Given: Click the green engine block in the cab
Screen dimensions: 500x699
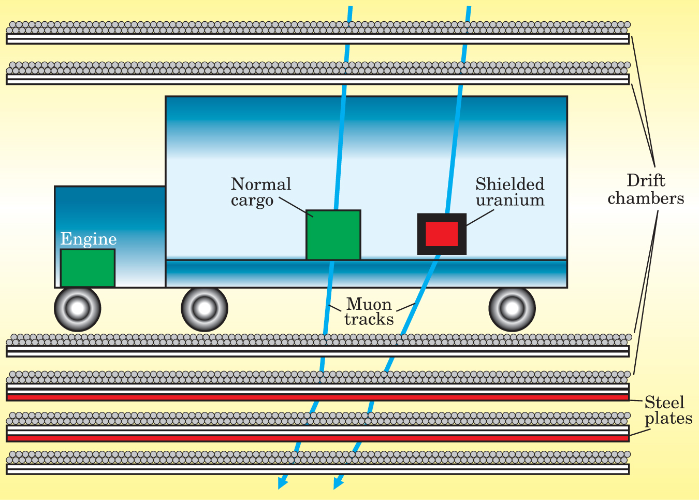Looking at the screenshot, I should (x=88, y=268).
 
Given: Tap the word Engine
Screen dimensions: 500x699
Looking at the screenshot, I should (x=89, y=239).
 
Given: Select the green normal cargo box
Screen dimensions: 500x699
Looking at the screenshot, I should (x=333, y=235).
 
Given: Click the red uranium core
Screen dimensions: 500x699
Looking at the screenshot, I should (x=442, y=234).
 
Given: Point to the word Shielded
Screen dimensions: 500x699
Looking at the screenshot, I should (x=510, y=184).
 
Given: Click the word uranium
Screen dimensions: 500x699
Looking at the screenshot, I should (x=510, y=200).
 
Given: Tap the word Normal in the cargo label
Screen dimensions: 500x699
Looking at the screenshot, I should (x=261, y=184).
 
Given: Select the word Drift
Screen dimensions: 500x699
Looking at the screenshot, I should (x=646, y=180).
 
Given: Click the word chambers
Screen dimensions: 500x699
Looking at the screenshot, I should (x=646, y=198).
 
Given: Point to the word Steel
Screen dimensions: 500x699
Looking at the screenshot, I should (x=664, y=403).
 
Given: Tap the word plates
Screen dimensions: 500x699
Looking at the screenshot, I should (x=668, y=418).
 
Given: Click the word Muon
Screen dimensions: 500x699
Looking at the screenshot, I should (x=369, y=304).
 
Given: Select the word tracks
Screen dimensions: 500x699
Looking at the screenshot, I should (x=369, y=319).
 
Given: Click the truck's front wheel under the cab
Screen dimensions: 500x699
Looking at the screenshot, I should (x=78, y=309).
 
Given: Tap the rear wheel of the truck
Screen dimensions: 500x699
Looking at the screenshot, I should (x=512, y=309).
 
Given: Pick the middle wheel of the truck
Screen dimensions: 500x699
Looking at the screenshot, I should (x=205, y=309).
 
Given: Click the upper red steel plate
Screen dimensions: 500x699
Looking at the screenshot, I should (x=317, y=397).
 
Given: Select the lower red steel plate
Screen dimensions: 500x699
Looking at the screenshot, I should (x=317, y=438).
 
